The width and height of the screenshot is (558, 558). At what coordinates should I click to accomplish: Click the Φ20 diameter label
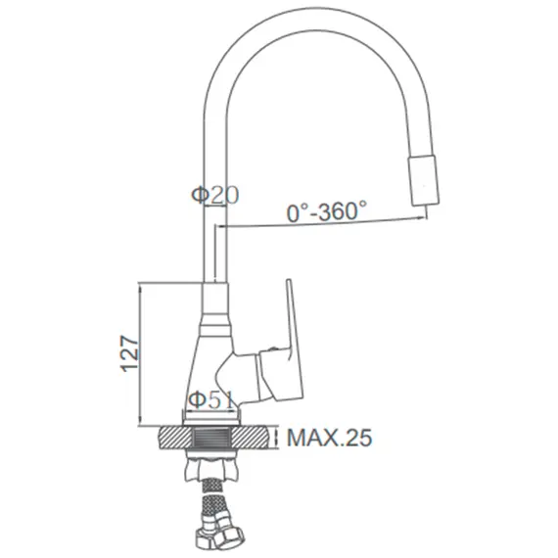click(215, 195)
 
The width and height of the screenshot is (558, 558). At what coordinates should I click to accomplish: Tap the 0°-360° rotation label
click(326, 211)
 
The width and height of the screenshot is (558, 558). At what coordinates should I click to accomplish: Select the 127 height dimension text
click(129, 353)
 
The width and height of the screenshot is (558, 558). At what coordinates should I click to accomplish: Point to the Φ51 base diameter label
click(210, 400)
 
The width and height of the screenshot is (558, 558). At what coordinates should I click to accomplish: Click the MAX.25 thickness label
click(330, 438)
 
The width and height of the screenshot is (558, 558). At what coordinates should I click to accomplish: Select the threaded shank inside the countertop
click(210, 438)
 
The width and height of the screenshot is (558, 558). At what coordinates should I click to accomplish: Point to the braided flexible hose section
click(212, 501)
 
